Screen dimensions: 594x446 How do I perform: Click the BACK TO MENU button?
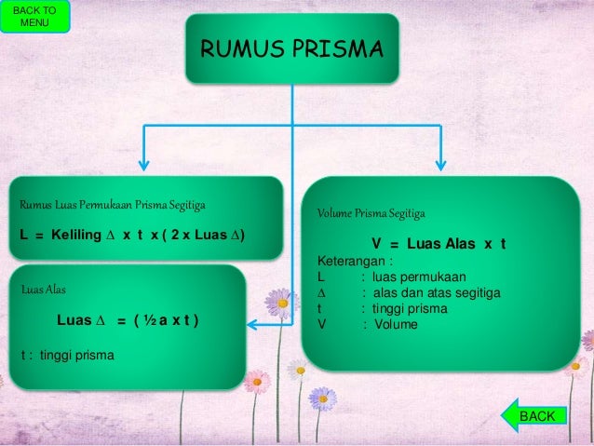tap(34, 17)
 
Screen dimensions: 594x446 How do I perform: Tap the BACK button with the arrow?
tap(533, 416)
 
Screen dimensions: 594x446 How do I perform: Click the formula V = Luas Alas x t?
tap(439, 244)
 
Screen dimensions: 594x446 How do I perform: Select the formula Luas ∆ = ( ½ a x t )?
tap(128, 320)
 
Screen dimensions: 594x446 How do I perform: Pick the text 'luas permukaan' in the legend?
tap(419, 277)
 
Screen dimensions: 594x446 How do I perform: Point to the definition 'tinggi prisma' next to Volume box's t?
tap(411, 309)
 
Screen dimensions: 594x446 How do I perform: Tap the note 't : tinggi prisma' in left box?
tap(67, 354)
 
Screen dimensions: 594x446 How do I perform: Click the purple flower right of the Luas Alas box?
tap(279, 302)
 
